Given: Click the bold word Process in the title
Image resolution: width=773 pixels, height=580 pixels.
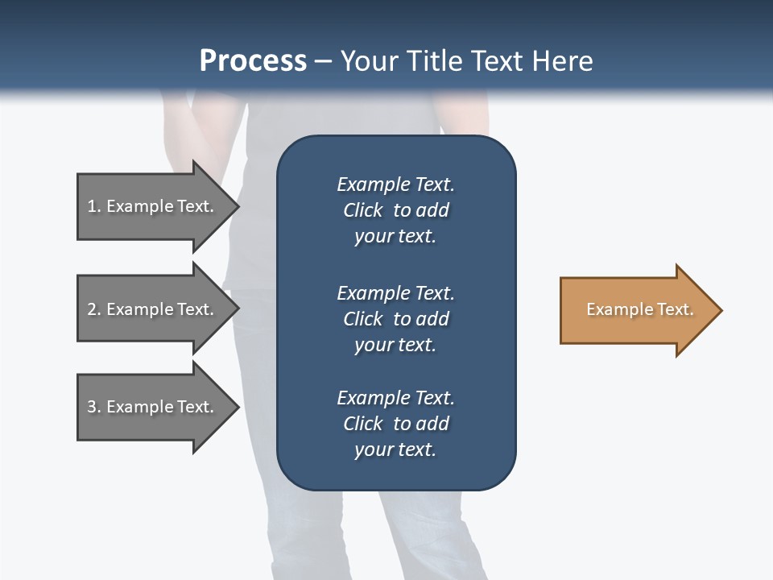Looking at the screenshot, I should pos(253,61).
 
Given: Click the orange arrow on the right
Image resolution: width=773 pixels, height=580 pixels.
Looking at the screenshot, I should pos(636,310).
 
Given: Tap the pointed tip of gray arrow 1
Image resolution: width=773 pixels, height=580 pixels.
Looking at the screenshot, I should pos(237,206).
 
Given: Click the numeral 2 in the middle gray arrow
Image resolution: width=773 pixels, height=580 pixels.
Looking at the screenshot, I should pos(92,309).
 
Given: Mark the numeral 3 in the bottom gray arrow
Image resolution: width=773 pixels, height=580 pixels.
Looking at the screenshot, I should pos(92,407).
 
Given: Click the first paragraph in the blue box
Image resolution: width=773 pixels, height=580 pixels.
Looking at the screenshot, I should pos(395,210).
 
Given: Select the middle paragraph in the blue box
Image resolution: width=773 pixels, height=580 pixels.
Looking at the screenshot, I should pos(395,319).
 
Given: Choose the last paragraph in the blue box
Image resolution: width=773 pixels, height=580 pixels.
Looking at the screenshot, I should pos(395,424).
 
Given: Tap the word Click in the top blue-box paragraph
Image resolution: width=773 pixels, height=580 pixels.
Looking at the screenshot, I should pos(362,210).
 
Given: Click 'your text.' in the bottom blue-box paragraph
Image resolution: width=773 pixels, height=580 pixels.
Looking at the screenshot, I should pos(395,449).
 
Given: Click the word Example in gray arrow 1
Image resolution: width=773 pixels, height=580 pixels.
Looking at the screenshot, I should pos(140,206).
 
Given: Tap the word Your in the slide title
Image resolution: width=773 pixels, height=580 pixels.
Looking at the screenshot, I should pos(369,61).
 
